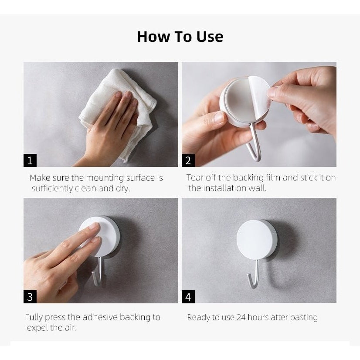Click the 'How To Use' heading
(x=180, y=37)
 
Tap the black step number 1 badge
(x=30, y=160)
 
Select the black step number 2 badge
(x=188, y=160)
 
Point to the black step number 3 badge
(x=30, y=297)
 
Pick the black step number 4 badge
(x=188, y=297)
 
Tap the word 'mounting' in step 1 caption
(x=105, y=178)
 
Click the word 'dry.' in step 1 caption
(x=123, y=188)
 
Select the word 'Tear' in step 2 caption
(x=195, y=177)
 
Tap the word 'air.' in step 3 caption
(x=71, y=328)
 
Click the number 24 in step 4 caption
(x=241, y=317)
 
